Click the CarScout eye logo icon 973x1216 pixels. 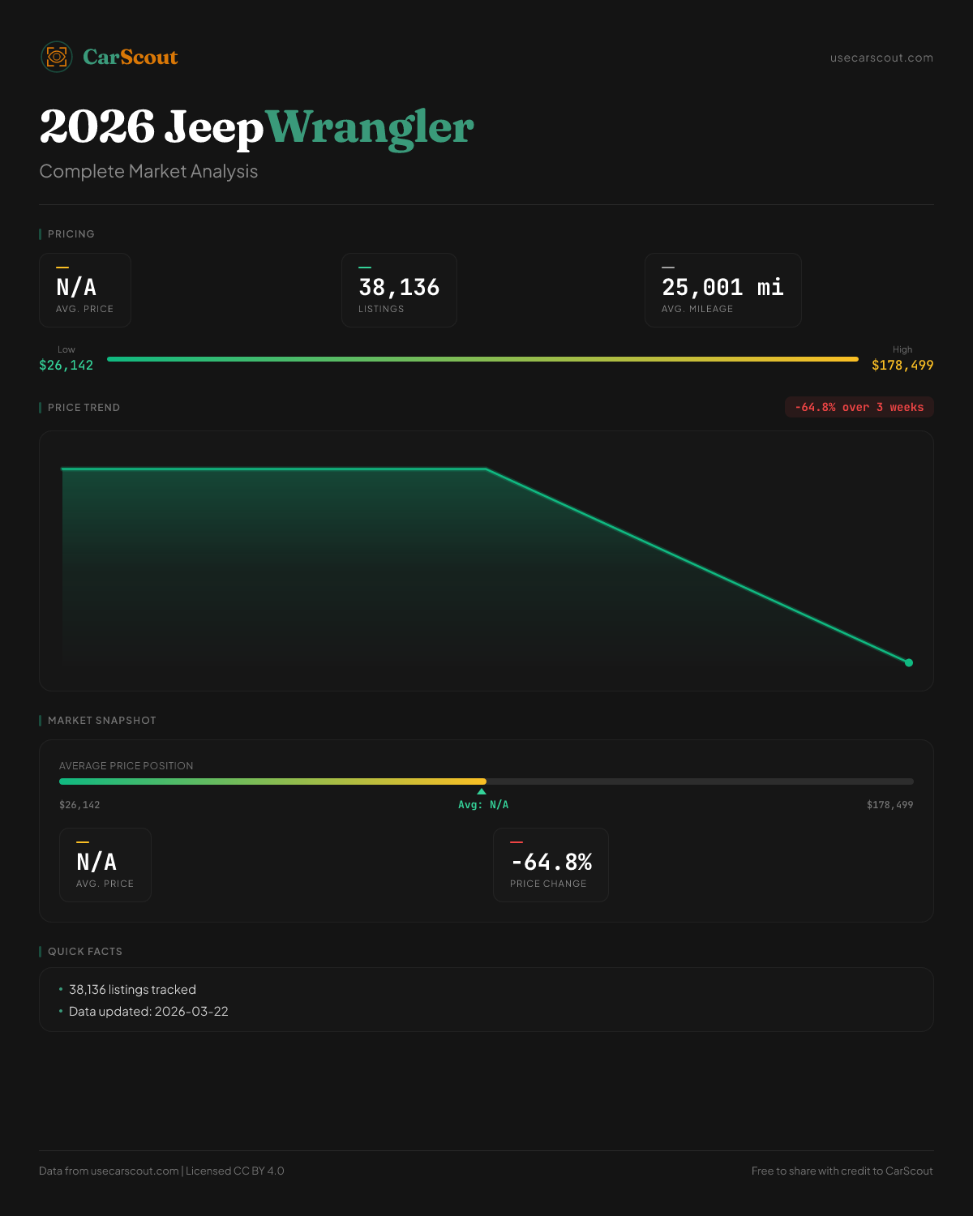click(x=57, y=57)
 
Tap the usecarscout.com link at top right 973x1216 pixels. click(x=881, y=58)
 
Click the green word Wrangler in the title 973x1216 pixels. click(x=370, y=127)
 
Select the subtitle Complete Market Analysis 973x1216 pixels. click(x=148, y=171)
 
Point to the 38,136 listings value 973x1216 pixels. click(x=399, y=287)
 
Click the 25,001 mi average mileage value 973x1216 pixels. click(x=722, y=287)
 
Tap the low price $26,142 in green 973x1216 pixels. click(x=66, y=365)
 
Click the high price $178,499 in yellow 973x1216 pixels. click(x=902, y=365)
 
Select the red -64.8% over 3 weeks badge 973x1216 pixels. click(x=859, y=407)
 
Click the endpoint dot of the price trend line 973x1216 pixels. click(x=909, y=662)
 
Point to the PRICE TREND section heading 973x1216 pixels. click(x=84, y=408)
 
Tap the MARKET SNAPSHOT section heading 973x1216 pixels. click(x=101, y=721)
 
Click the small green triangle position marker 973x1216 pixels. click(x=482, y=791)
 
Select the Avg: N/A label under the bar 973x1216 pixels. click(x=483, y=805)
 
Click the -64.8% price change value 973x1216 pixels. click(x=551, y=862)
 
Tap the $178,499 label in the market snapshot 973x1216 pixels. click(x=889, y=805)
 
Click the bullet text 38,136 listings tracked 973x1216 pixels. click(x=132, y=990)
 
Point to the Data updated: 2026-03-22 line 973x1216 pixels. click(x=148, y=1012)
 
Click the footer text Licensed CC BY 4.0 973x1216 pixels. click(x=235, y=1171)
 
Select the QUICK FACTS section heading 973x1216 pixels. click(x=84, y=952)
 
